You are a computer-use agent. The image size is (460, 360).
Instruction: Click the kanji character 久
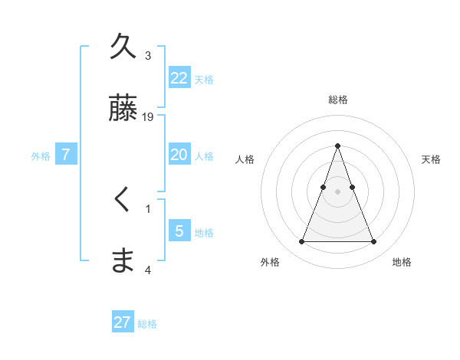[x=123, y=47]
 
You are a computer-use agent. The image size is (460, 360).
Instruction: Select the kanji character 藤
[x=123, y=108]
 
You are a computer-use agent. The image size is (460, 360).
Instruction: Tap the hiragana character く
[x=123, y=200]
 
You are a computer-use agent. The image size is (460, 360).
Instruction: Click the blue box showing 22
[x=179, y=77]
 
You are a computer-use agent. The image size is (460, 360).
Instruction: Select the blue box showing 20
[x=179, y=154]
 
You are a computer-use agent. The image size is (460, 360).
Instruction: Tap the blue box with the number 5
[x=179, y=231]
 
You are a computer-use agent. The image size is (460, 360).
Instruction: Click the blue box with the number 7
[x=66, y=154]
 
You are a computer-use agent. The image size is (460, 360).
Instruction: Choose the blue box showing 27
[x=123, y=322]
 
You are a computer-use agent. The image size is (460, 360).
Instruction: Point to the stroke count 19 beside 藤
[x=149, y=117]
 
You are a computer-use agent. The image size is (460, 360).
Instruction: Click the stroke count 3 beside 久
[x=148, y=56]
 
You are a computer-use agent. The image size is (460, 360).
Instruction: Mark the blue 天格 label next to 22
[x=204, y=80]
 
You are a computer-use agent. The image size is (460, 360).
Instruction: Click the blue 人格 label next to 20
[x=204, y=156]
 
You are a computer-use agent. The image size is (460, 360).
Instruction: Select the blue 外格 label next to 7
[x=41, y=156]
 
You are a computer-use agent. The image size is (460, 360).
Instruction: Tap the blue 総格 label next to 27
[x=147, y=325]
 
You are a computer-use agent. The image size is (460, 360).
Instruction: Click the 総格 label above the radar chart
[x=337, y=100]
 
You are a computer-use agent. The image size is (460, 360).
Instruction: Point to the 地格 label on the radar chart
[x=402, y=262]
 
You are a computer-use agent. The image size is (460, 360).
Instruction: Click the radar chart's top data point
[x=337, y=146]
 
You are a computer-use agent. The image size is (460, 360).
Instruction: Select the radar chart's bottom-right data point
[x=373, y=242]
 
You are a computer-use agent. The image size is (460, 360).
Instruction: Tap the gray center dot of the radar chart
[x=337, y=191]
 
